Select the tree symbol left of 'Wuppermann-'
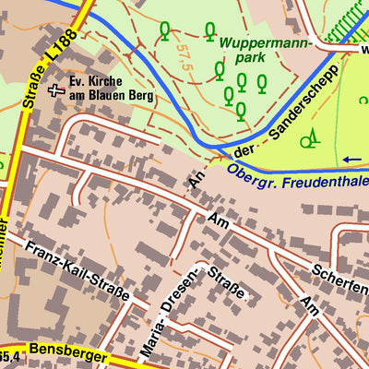(165, 31)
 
